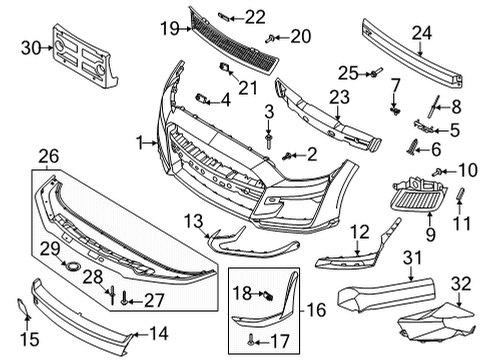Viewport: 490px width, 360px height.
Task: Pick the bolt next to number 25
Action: pos(377,72)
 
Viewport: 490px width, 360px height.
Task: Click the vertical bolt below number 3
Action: pos(269,140)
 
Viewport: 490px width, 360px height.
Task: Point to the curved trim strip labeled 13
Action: pos(235,238)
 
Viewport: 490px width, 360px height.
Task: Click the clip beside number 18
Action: pos(267,293)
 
